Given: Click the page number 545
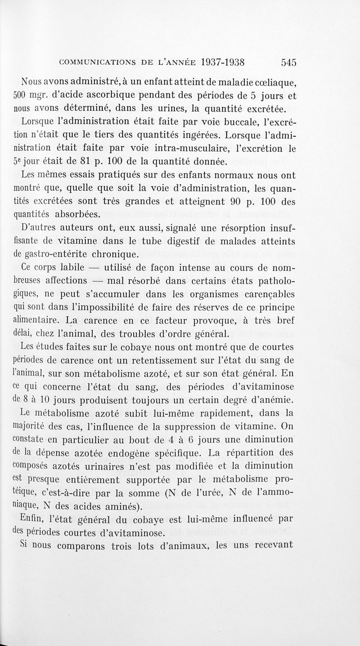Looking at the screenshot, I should pyautogui.click(x=286, y=63).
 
